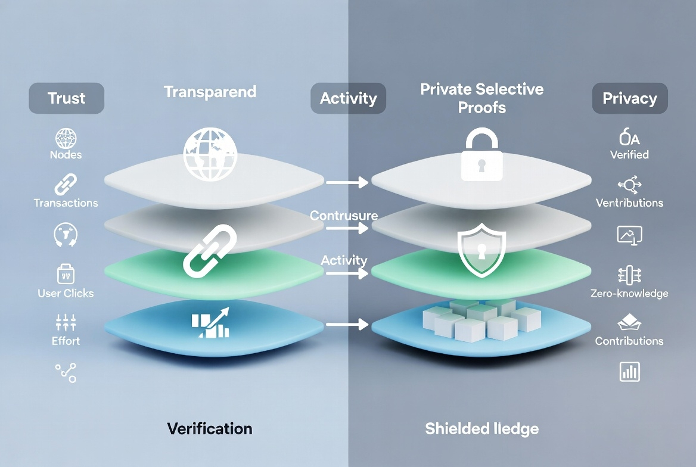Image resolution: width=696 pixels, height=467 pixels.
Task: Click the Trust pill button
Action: click(x=66, y=98)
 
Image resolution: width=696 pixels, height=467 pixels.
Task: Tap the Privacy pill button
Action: click(x=629, y=98)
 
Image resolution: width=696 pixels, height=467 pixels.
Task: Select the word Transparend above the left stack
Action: click(x=210, y=92)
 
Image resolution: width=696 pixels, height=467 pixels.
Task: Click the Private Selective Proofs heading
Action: click(x=481, y=98)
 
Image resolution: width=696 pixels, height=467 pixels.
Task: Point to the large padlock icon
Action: click(x=481, y=157)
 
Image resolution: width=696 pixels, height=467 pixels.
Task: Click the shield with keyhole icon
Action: click(x=481, y=253)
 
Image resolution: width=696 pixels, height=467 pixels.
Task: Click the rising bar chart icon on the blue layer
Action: click(x=210, y=322)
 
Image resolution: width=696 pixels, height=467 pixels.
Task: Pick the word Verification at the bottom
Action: click(x=209, y=428)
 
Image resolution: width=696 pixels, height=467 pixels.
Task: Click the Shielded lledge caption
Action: click(x=481, y=428)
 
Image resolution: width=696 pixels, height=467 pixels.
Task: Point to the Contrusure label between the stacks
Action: click(x=344, y=216)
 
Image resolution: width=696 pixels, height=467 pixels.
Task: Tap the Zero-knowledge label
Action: click(x=629, y=293)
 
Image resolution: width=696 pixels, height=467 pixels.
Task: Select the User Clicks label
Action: click(x=66, y=293)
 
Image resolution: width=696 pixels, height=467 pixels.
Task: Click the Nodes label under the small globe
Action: click(x=66, y=155)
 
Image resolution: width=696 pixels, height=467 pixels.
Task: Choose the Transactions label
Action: click(x=66, y=203)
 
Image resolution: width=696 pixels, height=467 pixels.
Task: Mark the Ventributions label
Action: click(x=629, y=203)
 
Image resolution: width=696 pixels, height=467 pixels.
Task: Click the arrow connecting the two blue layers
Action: click(x=347, y=325)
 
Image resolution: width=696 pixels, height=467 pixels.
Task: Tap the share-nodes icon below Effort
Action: click(x=66, y=373)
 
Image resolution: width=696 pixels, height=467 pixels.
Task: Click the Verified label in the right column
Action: click(x=629, y=155)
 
